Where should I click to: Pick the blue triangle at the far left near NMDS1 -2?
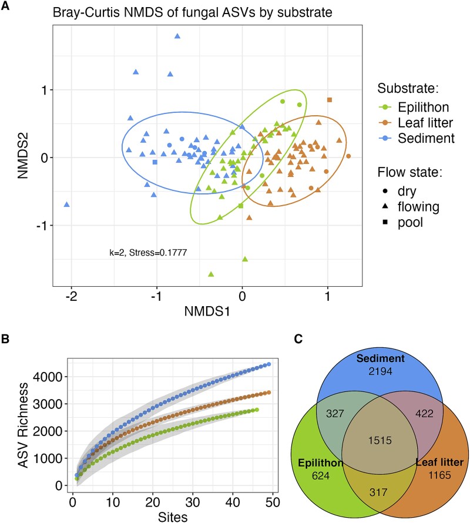coord(67,204)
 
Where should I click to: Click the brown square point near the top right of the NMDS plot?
coord(330,100)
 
